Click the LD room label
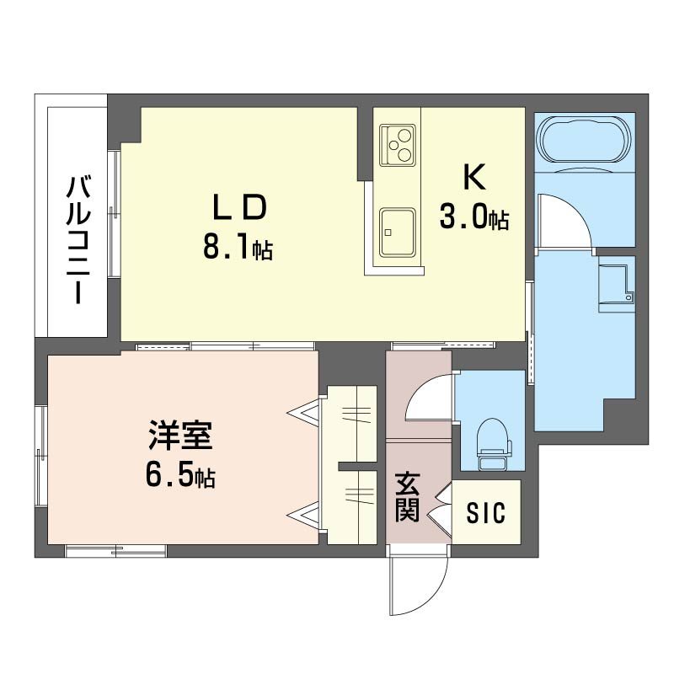pos(239,207)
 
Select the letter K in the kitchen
pos(473,178)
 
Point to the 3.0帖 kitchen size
pos(473,219)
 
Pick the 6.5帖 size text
pos(179,479)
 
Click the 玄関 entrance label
pos(408,498)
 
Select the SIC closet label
pos(487,512)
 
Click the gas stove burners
pos(397,143)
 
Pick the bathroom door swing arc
pos(560,219)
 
